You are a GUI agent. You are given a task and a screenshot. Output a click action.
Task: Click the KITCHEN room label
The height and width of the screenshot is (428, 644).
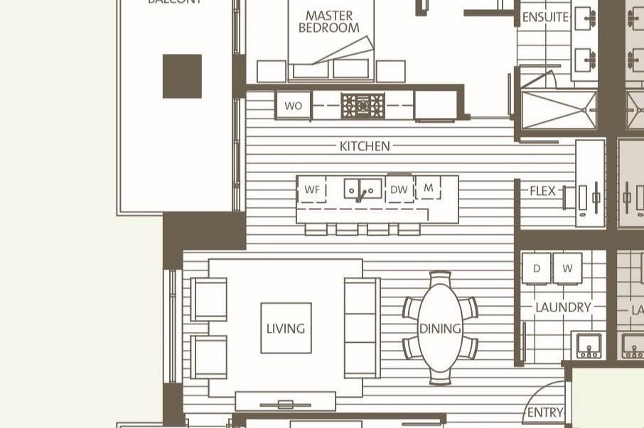click(x=365, y=146)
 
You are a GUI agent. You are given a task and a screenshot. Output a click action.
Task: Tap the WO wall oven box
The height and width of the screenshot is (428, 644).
click(x=293, y=106)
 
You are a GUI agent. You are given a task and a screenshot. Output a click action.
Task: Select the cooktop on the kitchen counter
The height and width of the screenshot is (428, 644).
click(x=363, y=106)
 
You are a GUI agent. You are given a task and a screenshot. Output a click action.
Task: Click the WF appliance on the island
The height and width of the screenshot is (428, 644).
click(x=312, y=190)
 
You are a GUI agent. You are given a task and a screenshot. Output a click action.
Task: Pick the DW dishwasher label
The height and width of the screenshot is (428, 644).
click(x=399, y=190)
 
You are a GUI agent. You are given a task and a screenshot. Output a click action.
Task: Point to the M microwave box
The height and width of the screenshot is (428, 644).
click(x=428, y=188)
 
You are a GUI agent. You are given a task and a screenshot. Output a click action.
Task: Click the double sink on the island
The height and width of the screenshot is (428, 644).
click(x=363, y=190)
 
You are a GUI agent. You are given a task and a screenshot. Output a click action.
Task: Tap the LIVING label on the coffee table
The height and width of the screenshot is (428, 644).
click(x=286, y=329)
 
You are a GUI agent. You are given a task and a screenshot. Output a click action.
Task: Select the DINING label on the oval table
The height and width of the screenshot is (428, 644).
click(x=440, y=329)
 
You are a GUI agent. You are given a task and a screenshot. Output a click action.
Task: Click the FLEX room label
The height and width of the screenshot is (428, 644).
click(x=543, y=191)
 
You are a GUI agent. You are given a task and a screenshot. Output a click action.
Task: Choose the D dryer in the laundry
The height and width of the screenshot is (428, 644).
click(x=536, y=268)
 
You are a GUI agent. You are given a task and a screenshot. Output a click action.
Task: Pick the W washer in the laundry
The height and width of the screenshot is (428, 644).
click(x=567, y=268)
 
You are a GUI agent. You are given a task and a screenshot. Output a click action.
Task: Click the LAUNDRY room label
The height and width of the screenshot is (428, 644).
click(x=563, y=307)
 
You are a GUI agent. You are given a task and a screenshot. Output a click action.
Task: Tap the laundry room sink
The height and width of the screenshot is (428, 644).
click(x=588, y=345)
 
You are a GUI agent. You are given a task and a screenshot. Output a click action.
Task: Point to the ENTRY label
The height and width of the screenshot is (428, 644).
click(x=545, y=412)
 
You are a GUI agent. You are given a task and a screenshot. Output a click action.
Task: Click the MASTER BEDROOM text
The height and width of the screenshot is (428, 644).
click(x=329, y=21)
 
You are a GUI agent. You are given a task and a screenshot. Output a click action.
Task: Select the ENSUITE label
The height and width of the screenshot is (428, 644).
click(x=545, y=17)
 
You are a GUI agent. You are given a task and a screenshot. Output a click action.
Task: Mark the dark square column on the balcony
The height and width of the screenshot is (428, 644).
click(x=182, y=76)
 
